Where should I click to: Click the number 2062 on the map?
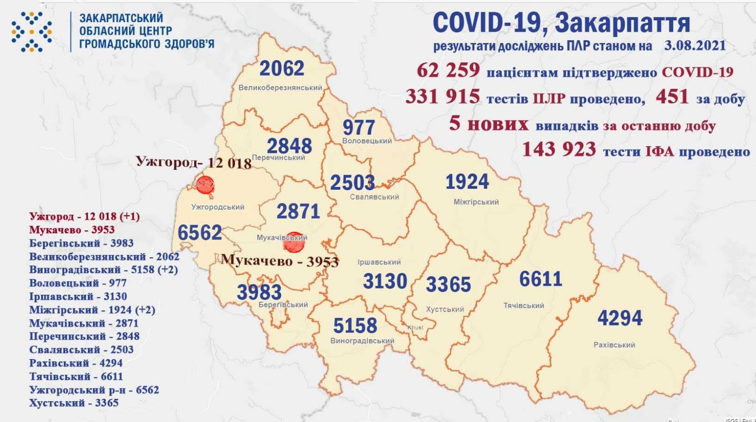click(282, 69)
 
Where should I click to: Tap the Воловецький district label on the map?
click(367, 141)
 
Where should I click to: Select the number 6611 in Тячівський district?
click(541, 279)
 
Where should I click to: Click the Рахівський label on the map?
click(614, 345)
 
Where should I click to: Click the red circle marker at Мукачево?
click(294, 242)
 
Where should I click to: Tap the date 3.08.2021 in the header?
click(694, 46)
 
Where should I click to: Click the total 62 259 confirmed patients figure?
click(448, 71)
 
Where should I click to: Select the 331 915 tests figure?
click(443, 97)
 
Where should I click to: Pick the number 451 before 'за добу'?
click(672, 97)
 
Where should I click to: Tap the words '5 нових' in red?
click(489, 124)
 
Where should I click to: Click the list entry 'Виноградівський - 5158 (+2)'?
click(103, 270)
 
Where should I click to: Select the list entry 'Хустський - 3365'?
click(74, 403)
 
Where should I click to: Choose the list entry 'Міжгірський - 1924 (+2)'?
click(92, 310)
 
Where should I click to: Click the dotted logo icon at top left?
click(32, 31)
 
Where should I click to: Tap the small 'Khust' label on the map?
click(415, 327)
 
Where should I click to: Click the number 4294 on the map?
click(619, 318)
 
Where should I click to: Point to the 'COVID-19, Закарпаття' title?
click(561, 23)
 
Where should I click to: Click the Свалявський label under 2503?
click(375, 197)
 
